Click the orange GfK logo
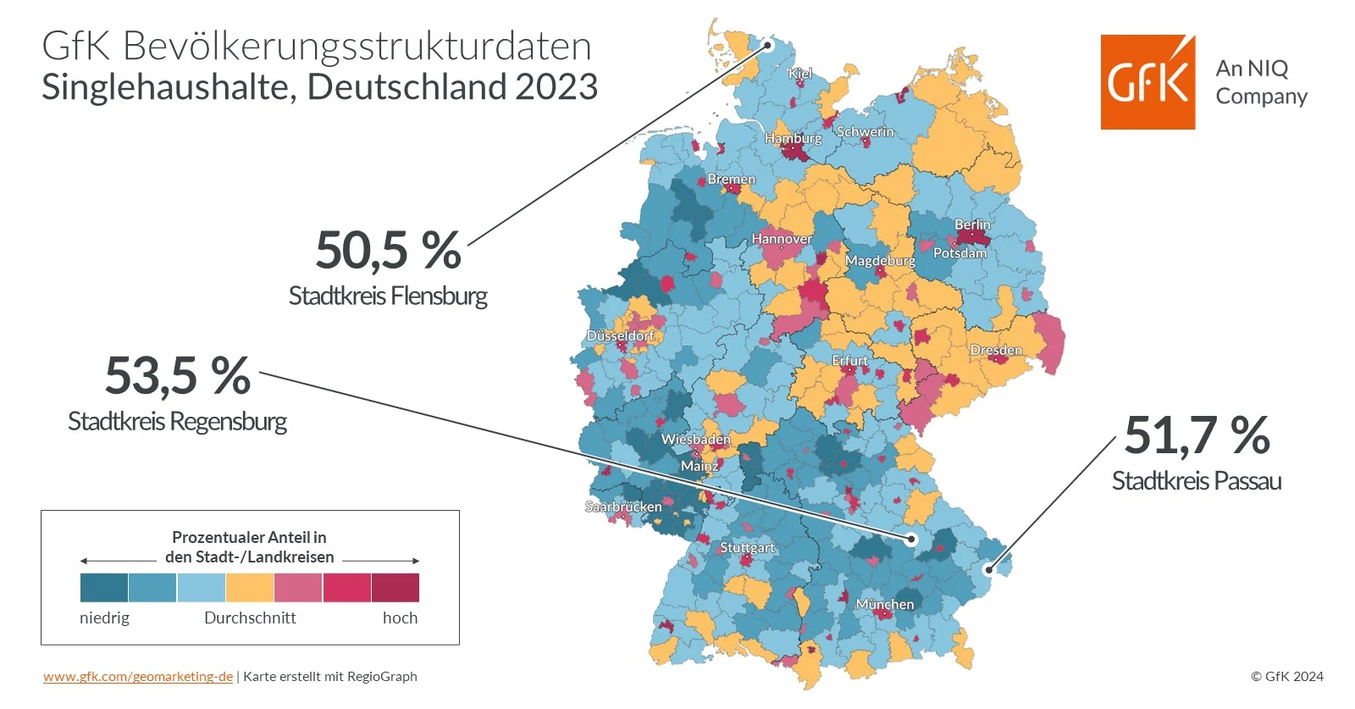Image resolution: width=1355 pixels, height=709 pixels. pos(1148,82)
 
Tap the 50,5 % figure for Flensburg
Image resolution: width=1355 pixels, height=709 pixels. pos(389,251)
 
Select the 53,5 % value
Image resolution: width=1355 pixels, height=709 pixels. pos(178,375)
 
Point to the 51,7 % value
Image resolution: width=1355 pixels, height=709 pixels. pos(1197,435)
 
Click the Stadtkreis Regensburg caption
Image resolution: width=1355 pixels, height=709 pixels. pos(177,421)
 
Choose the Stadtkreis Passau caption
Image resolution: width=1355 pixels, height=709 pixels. pos(1196,481)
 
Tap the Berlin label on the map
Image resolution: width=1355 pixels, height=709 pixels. pos(972,224)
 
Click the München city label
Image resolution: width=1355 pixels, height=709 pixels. pos(884,604)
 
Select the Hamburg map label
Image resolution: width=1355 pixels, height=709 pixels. pos(793,138)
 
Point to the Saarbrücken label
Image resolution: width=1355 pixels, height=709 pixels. pos(623,507)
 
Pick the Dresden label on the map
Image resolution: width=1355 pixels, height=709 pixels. pos(996,350)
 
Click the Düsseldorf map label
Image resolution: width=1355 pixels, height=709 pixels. pos(620,335)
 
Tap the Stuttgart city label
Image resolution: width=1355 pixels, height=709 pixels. pos(747,547)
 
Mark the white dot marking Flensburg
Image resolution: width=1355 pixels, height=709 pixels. pos(769,45)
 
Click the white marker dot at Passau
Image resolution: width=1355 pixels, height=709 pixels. pos(988,569)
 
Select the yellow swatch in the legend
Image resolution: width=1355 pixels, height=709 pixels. pos(250,587)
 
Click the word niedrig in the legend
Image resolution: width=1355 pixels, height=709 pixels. pos(104,618)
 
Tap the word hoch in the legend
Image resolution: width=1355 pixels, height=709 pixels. pos(400,618)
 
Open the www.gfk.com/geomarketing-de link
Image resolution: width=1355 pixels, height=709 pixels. pos(138,676)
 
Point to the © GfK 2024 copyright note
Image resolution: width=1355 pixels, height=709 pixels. pos(1286,676)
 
